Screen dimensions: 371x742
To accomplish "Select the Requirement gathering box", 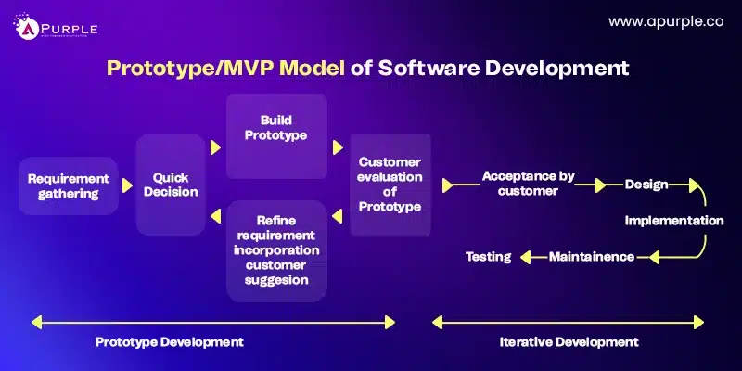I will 69,185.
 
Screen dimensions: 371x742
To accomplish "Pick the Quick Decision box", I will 170,185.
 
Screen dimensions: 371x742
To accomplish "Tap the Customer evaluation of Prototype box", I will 390,184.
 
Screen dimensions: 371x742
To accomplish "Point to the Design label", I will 646,185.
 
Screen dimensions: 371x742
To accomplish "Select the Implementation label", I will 673,221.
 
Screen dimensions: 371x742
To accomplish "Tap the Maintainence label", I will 592,256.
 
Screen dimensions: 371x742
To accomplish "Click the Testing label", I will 488,256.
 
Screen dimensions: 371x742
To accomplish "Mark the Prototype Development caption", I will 169,341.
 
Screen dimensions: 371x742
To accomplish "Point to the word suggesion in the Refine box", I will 276,279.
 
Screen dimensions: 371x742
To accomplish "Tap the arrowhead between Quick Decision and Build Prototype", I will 215,147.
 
